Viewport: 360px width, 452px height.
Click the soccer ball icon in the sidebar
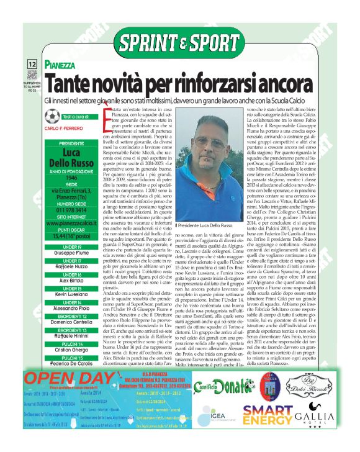click(x=53, y=117)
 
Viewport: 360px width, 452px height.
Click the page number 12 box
click(x=32, y=64)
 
